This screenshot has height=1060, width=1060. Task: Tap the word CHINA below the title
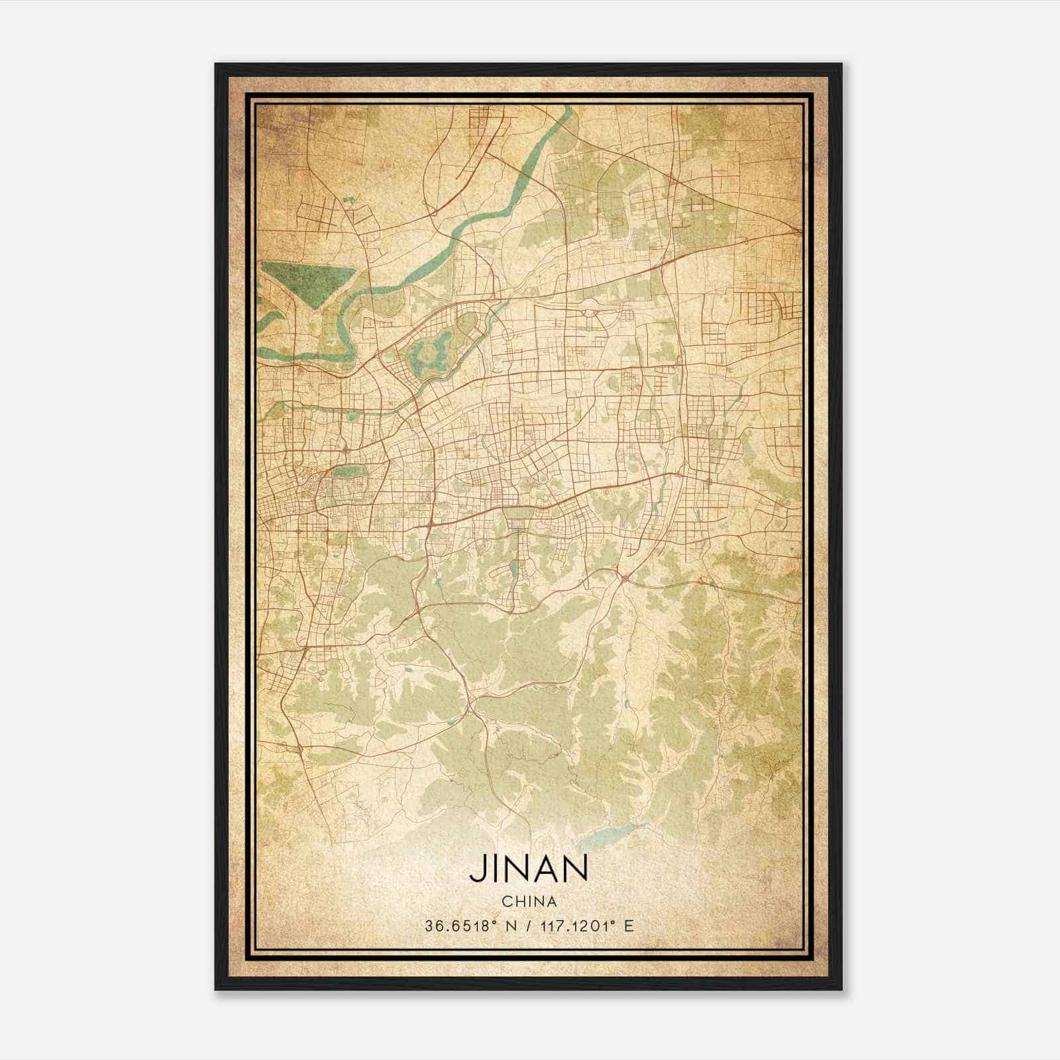click(x=529, y=901)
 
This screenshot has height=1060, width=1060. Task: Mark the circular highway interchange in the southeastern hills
click(x=625, y=578)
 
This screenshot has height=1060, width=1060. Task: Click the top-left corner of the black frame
click(x=217, y=65)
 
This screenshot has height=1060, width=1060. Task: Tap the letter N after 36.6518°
click(x=509, y=926)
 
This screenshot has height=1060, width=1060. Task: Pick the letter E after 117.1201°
click(x=629, y=926)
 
